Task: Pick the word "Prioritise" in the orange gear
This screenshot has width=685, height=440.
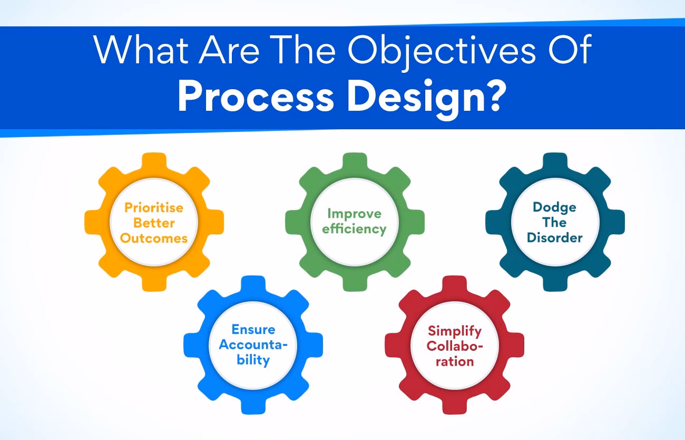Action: [154, 207]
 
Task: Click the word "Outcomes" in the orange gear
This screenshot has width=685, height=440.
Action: [154, 238]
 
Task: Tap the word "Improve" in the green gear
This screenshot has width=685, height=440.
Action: [354, 213]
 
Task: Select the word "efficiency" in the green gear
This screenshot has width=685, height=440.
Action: [354, 229]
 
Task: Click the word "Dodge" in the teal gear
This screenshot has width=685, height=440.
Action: [554, 207]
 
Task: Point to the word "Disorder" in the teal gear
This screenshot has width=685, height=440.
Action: [554, 238]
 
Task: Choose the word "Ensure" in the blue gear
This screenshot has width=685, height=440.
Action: [253, 330]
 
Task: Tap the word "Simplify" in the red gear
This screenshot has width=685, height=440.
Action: [454, 331]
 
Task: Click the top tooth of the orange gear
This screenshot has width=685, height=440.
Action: [154, 161]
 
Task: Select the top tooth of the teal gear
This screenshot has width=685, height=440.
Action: [555, 161]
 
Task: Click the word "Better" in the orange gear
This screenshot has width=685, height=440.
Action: [154, 223]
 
